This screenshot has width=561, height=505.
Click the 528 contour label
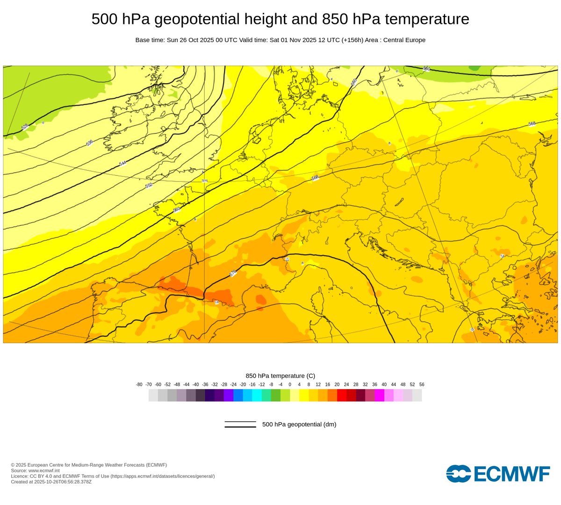[x=25, y=127]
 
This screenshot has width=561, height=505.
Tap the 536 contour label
[x=89, y=143]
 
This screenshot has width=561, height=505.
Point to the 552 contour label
[x=149, y=186]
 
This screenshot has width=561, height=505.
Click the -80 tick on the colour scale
[x=139, y=384]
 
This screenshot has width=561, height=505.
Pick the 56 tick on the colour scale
[x=422, y=384]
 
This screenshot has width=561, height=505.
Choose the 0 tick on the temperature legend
[x=290, y=384]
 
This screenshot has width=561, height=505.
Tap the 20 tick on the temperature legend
[x=337, y=384]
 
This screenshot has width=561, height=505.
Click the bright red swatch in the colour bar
[x=342, y=395]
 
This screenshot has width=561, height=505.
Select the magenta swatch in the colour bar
[x=380, y=395]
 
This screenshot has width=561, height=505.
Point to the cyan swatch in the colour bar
[x=257, y=395]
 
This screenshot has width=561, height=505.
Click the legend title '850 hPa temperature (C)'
[x=280, y=376]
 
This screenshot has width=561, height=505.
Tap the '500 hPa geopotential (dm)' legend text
[x=299, y=425]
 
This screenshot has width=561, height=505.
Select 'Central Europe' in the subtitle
[x=404, y=40]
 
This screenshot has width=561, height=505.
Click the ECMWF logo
[x=498, y=473]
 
